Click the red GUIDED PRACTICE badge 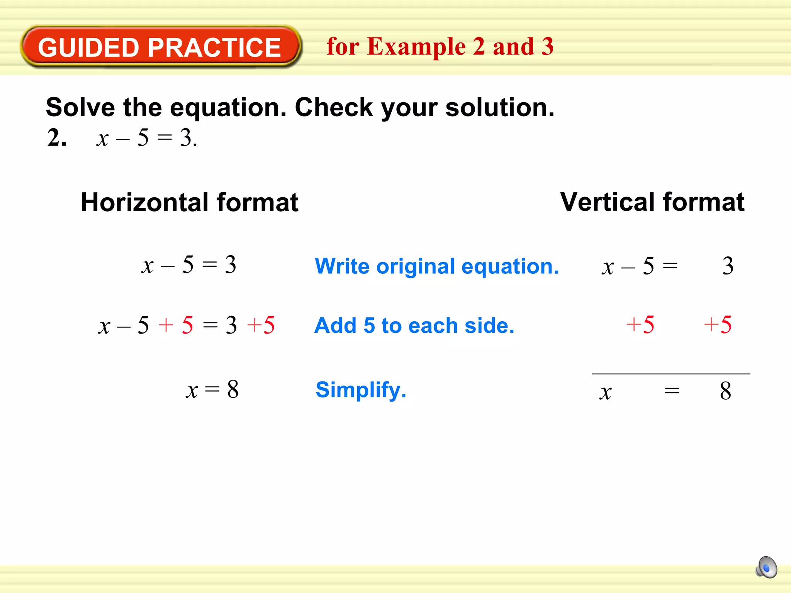pyautogui.click(x=160, y=47)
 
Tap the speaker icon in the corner pyautogui.click(x=766, y=567)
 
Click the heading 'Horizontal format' pyautogui.click(x=189, y=202)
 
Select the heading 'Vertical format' pyautogui.click(x=652, y=202)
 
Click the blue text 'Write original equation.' pyautogui.click(x=436, y=266)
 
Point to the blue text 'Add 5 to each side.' pyautogui.click(x=414, y=325)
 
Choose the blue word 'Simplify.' pyautogui.click(x=361, y=390)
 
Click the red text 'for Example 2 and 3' pyautogui.click(x=440, y=46)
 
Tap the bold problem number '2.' pyautogui.click(x=57, y=138)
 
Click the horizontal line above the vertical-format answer pyautogui.click(x=671, y=374)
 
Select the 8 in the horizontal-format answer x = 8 pyautogui.click(x=233, y=389)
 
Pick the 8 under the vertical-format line pyautogui.click(x=725, y=391)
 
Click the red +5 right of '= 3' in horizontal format pyautogui.click(x=261, y=325)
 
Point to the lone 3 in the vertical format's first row pyautogui.click(x=728, y=266)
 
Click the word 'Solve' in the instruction pyautogui.click(x=80, y=107)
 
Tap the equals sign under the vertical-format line pyautogui.click(x=672, y=391)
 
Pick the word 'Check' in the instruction pyautogui.click(x=334, y=107)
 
